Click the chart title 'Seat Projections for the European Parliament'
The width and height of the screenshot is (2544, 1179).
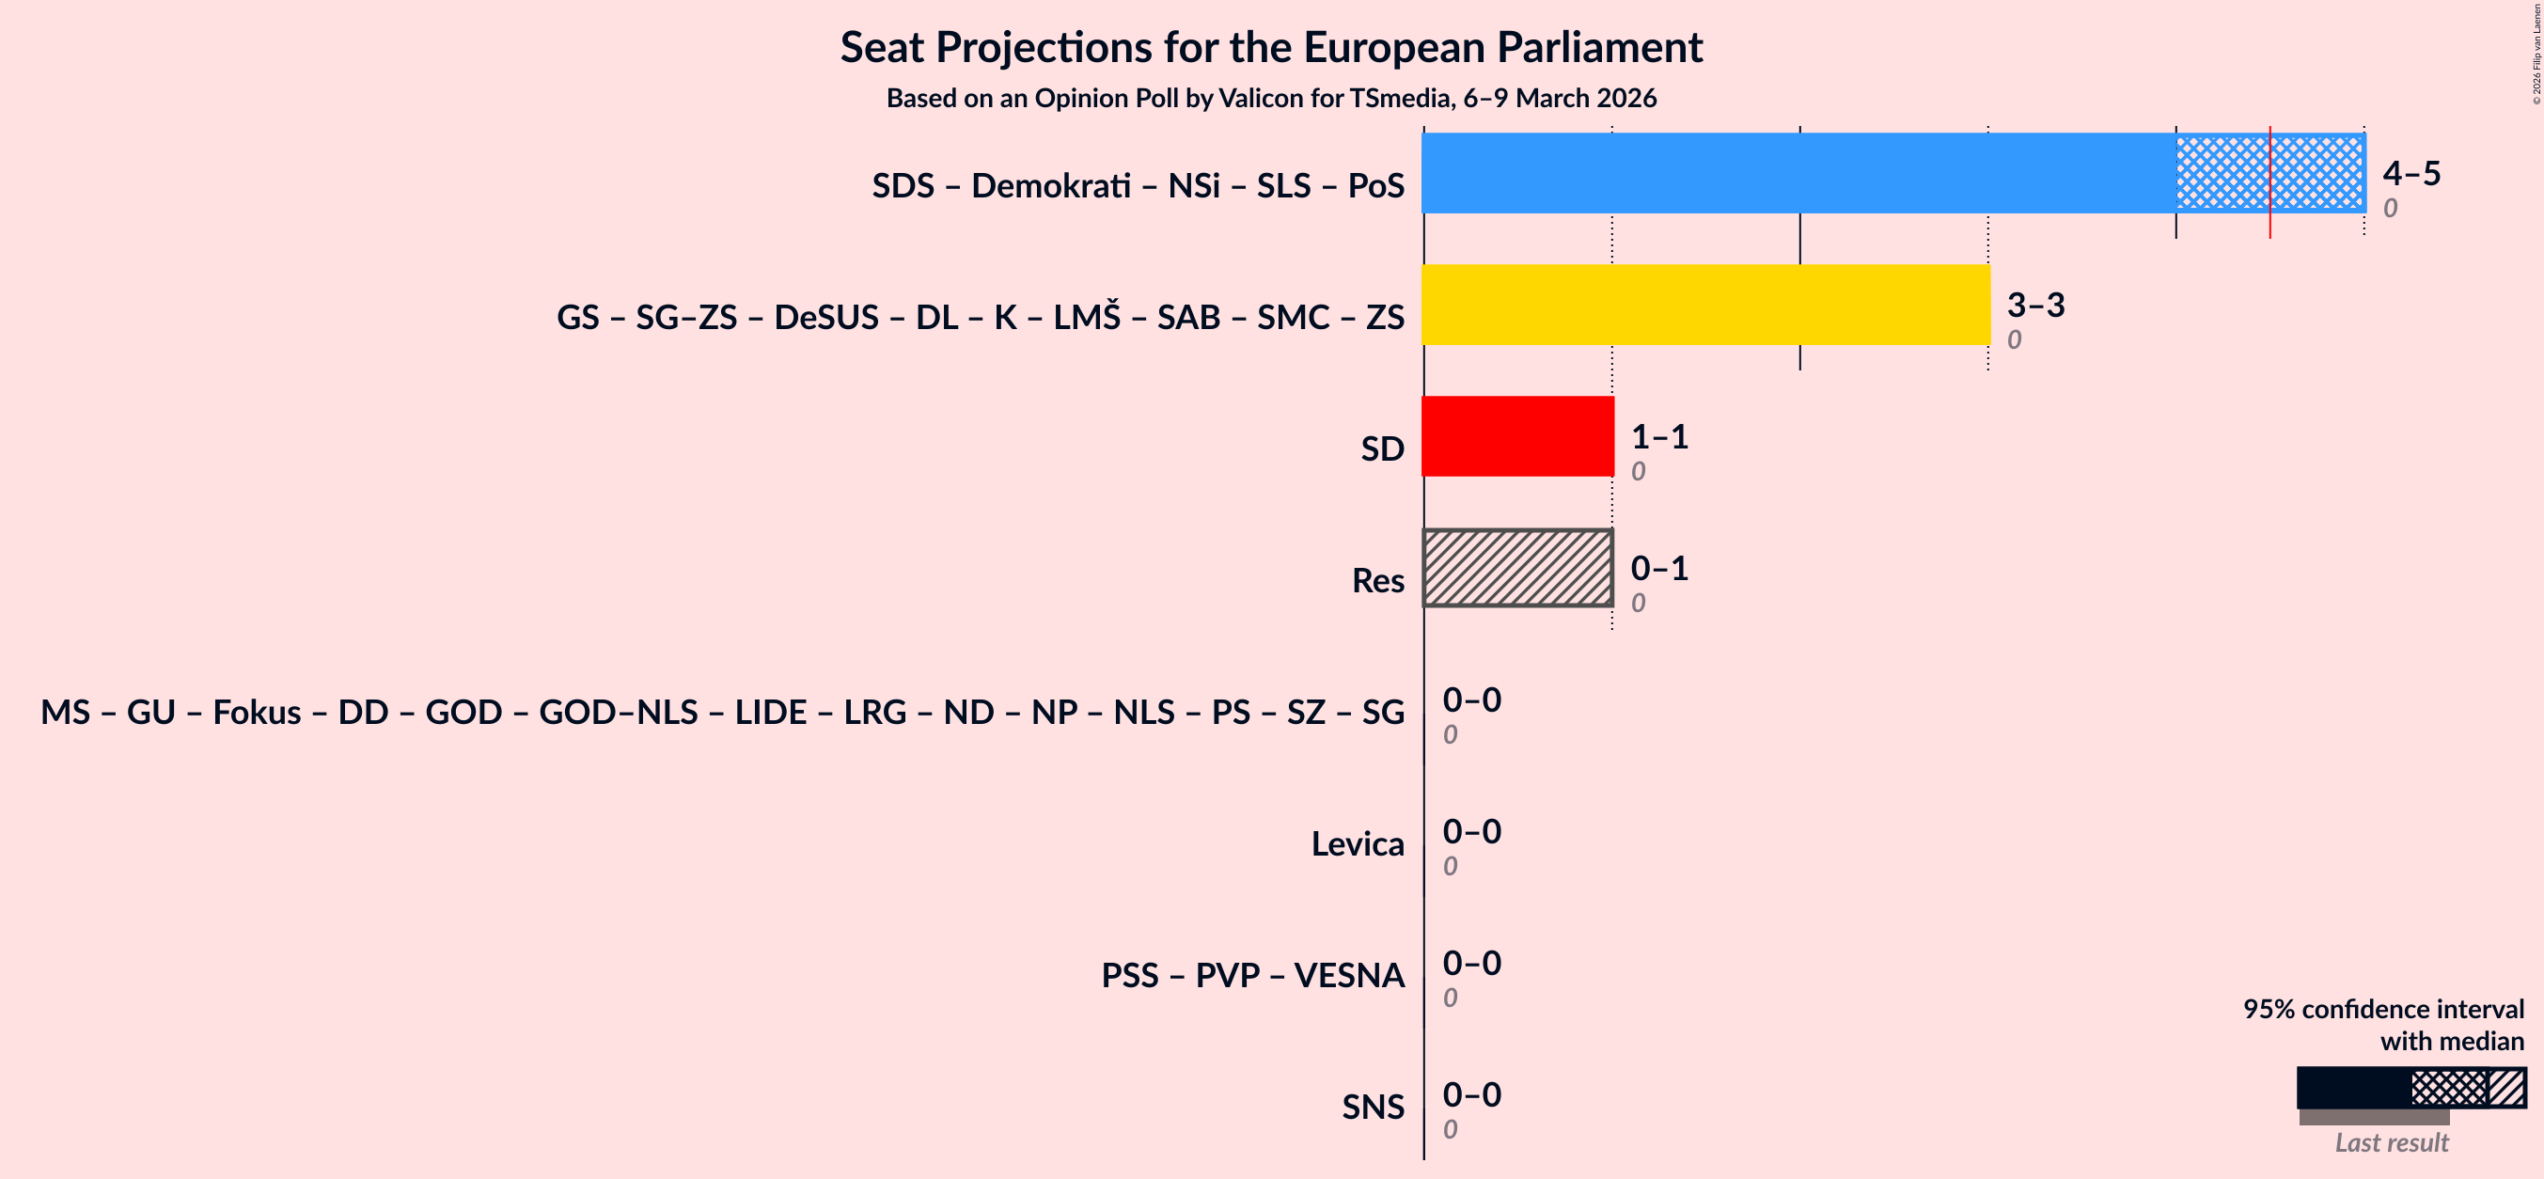click(1271, 47)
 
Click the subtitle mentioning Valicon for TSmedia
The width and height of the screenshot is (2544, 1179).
click(1271, 99)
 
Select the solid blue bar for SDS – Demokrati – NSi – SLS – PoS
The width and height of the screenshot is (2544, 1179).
click(1798, 173)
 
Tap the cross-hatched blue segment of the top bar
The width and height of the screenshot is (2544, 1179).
click(2222, 173)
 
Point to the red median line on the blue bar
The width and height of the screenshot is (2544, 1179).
click(2269, 182)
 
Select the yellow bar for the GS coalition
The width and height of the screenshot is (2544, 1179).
click(1705, 304)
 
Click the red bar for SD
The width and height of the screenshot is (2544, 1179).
click(1517, 436)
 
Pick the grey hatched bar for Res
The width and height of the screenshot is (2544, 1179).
click(1517, 568)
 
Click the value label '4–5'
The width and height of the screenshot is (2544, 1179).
click(2411, 174)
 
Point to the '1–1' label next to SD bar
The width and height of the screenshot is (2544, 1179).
click(1659, 436)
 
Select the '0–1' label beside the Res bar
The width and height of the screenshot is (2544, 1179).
click(1659, 568)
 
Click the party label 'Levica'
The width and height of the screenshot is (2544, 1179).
click(1357, 844)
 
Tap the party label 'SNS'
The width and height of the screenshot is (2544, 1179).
click(1372, 1107)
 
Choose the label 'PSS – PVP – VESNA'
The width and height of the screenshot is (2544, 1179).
click(1252, 976)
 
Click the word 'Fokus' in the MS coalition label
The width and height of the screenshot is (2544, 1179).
click(257, 712)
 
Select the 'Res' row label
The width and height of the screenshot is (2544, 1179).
click(1377, 581)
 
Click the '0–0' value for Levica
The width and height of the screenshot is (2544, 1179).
click(1471, 831)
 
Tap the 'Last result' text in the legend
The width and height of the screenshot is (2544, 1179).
click(2391, 1142)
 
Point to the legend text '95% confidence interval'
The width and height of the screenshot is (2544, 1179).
click(2383, 1009)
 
